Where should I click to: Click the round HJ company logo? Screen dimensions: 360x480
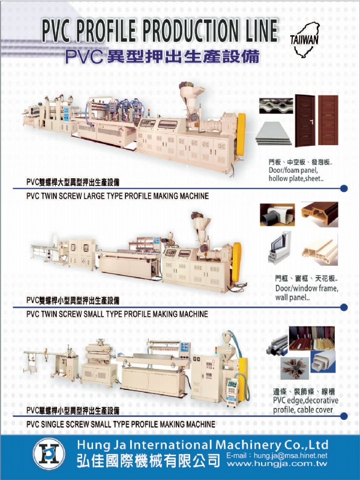[49, 454]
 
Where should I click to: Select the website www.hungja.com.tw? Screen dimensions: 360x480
[277, 464]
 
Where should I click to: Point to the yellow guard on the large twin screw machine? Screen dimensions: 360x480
[241, 134]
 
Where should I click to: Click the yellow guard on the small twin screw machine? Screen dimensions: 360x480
[236, 262]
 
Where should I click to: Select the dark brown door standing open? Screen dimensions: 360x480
[305, 121]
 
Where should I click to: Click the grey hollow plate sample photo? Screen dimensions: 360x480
[274, 133]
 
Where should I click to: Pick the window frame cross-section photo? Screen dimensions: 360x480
[280, 248]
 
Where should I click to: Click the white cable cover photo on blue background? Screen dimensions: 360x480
[323, 362]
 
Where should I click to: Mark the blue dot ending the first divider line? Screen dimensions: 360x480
[344, 188]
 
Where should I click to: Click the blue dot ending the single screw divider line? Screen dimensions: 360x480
[344, 416]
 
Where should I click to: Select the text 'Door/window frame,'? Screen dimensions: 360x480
[307, 289]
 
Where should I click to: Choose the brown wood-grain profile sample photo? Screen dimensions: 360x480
[320, 214]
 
